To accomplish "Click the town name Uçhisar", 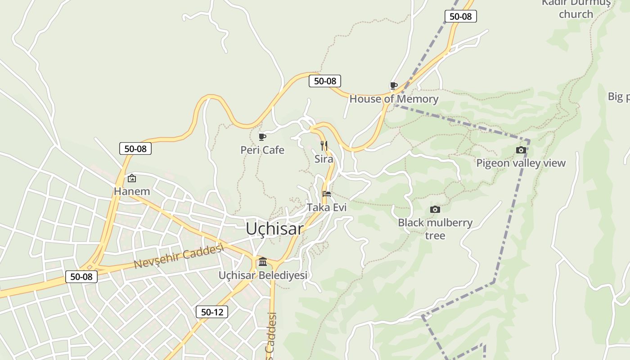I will tap(274, 229).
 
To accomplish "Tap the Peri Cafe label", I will tap(262, 150).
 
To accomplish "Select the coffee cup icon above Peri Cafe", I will tap(262, 137).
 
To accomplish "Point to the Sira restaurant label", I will tap(324, 159).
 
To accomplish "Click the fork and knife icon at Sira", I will tap(324, 145).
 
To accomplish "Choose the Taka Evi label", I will tap(327, 207).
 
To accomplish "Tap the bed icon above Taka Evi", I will tap(327, 194).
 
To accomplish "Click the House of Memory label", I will tap(394, 99).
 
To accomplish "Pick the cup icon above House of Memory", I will tap(394, 85).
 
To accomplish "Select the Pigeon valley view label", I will tap(521, 163).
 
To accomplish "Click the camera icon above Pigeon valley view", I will tap(521, 150).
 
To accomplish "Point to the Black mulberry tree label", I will tap(435, 229).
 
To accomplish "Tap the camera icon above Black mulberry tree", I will tap(435, 209).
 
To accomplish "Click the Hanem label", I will tap(132, 191).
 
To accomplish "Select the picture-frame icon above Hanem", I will tap(132, 178).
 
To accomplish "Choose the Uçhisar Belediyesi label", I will tap(263, 275).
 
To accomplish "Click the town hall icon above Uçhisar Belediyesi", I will tap(263, 261).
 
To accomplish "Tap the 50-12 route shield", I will tap(212, 312).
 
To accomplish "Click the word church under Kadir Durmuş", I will tap(576, 14).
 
